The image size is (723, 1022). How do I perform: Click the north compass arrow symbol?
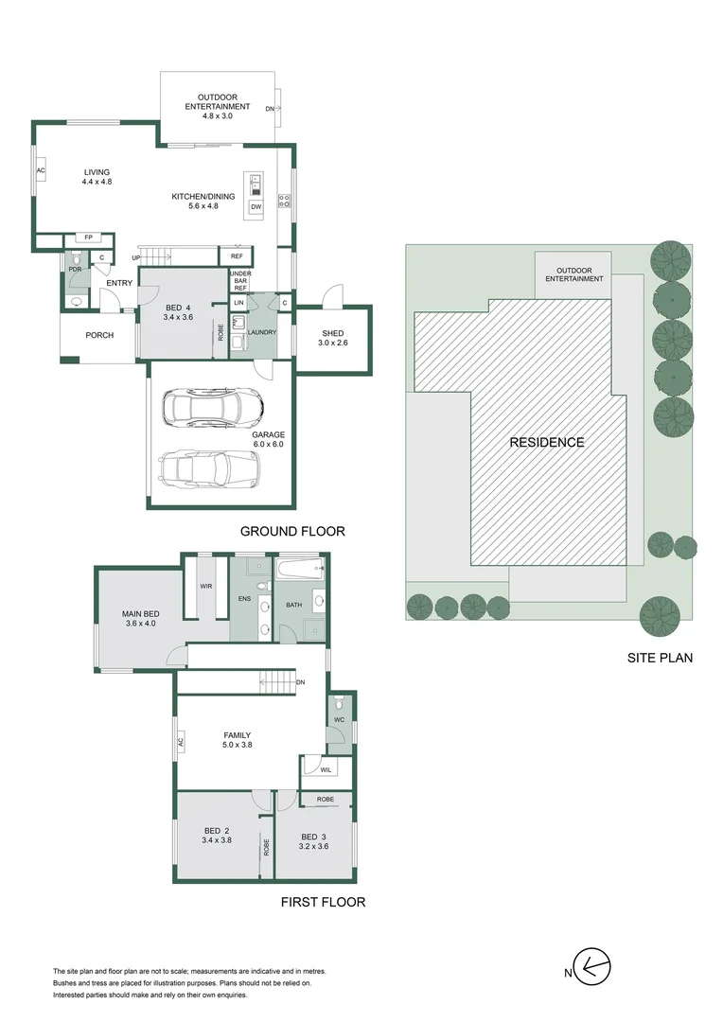tap(592, 965)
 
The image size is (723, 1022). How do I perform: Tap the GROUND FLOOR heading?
tap(292, 531)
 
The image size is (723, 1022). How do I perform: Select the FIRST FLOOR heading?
tap(324, 902)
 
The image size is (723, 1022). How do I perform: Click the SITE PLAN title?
tap(660, 658)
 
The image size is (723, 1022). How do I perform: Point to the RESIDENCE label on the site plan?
tap(547, 443)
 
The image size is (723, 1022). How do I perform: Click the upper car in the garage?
tap(213, 408)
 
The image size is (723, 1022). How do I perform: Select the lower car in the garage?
tap(210, 468)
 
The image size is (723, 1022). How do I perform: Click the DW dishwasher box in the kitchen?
tap(256, 206)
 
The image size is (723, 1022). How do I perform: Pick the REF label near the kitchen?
tap(237, 256)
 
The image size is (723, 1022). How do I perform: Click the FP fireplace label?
tap(89, 238)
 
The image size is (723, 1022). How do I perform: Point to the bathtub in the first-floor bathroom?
tap(300, 569)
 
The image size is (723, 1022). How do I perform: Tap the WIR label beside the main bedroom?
tap(206, 586)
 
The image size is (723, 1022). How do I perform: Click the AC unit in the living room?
tap(41, 170)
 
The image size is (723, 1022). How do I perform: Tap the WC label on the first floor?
tap(339, 719)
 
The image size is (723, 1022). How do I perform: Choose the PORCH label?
tap(99, 335)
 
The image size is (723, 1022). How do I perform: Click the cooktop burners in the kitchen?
tap(285, 201)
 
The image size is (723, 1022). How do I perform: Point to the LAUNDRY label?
tap(262, 332)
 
